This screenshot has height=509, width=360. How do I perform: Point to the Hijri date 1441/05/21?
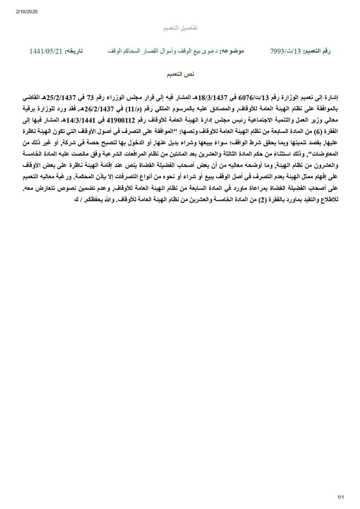(45, 52)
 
